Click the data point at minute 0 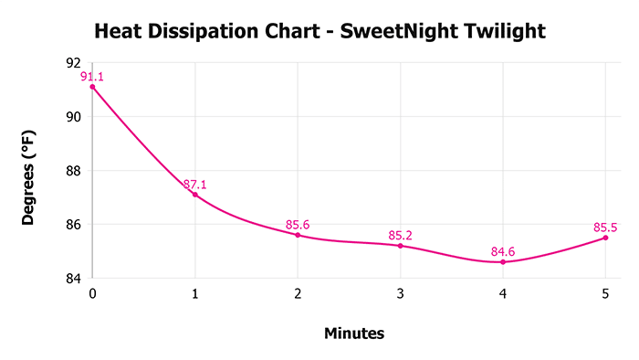(x=92, y=87)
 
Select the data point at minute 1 (x=194, y=195)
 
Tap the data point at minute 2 (x=298, y=235)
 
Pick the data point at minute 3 (x=400, y=246)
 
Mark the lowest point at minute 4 (x=503, y=262)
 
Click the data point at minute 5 (x=605, y=238)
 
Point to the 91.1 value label (x=92, y=77)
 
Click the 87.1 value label (x=194, y=185)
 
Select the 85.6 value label (x=298, y=225)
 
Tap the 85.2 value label (x=400, y=236)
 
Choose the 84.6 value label (x=503, y=252)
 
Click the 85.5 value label (x=605, y=228)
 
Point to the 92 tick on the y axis (x=73, y=63)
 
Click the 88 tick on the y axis (x=73, y=171)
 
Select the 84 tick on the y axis (x=73, y=278)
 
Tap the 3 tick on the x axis (x=400, y=295)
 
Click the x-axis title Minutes (x=354, y=334)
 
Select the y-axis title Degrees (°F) (x=29, y=170)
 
